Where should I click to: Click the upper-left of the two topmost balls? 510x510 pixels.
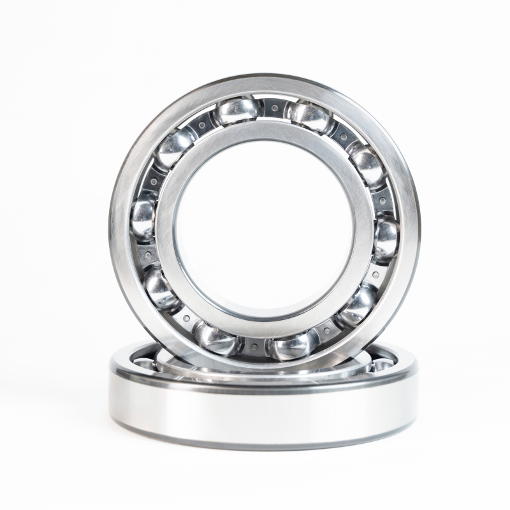coord(237,111)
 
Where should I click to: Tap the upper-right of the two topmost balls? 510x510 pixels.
coord(310,115)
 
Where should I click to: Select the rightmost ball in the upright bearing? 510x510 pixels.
coord(386,237)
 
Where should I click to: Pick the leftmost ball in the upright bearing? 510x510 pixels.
coord(143,217)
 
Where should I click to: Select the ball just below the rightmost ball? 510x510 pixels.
coord(356,305)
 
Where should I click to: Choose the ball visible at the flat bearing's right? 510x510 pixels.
coord(382,364)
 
